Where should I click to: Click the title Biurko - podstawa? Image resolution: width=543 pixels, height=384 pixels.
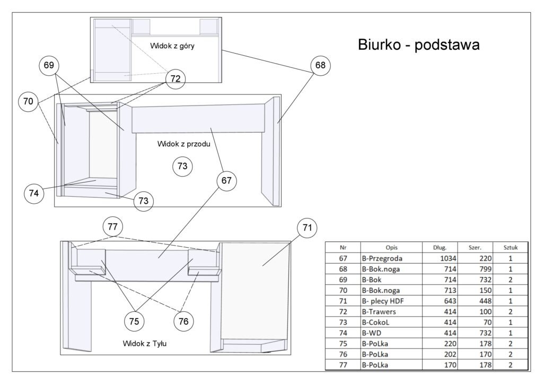click(419, 45)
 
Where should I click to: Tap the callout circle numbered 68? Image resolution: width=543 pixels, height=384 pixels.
click(320, 65)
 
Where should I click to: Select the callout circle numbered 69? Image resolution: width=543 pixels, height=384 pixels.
click(49, 65)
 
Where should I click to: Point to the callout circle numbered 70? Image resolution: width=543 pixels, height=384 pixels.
click(28, 101)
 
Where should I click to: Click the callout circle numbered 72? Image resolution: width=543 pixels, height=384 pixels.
click(176, 79)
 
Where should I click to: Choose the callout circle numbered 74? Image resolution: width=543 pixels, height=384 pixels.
click(34, 194)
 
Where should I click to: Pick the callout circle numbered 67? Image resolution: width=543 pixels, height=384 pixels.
click(226, 181)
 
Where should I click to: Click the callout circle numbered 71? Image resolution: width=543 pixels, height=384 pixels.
click(306, 229)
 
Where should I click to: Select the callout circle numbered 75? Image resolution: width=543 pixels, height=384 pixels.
click(135, 321)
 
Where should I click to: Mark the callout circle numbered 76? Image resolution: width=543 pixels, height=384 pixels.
click(183, 321)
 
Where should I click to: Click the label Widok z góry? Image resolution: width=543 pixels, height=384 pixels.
click(172, 46)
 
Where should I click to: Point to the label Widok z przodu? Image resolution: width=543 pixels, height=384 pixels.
click(184, 144)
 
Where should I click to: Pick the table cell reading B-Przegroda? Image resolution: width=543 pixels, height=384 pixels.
click(382, 258)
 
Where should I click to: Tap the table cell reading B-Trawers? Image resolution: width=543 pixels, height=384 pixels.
click(380, 311)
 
